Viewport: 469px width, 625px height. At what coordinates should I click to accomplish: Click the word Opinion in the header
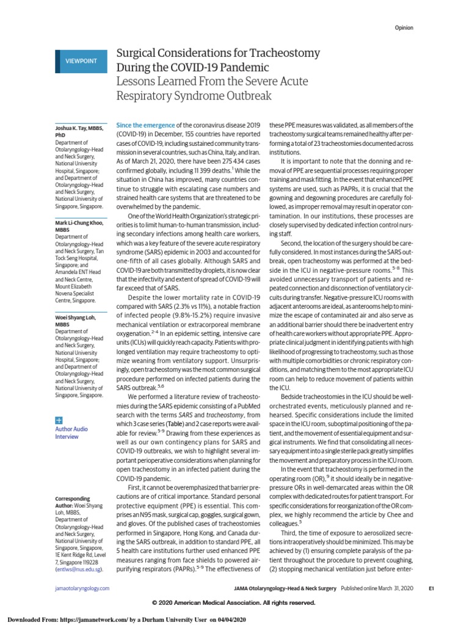click(x=404, y=28)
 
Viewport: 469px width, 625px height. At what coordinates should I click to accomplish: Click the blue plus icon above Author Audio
click(x=59, y=421)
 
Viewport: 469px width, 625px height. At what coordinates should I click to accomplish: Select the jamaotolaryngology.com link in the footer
click(x=82, y=588)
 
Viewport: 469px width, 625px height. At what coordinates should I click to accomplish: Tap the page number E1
click(x=431, y=588)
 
